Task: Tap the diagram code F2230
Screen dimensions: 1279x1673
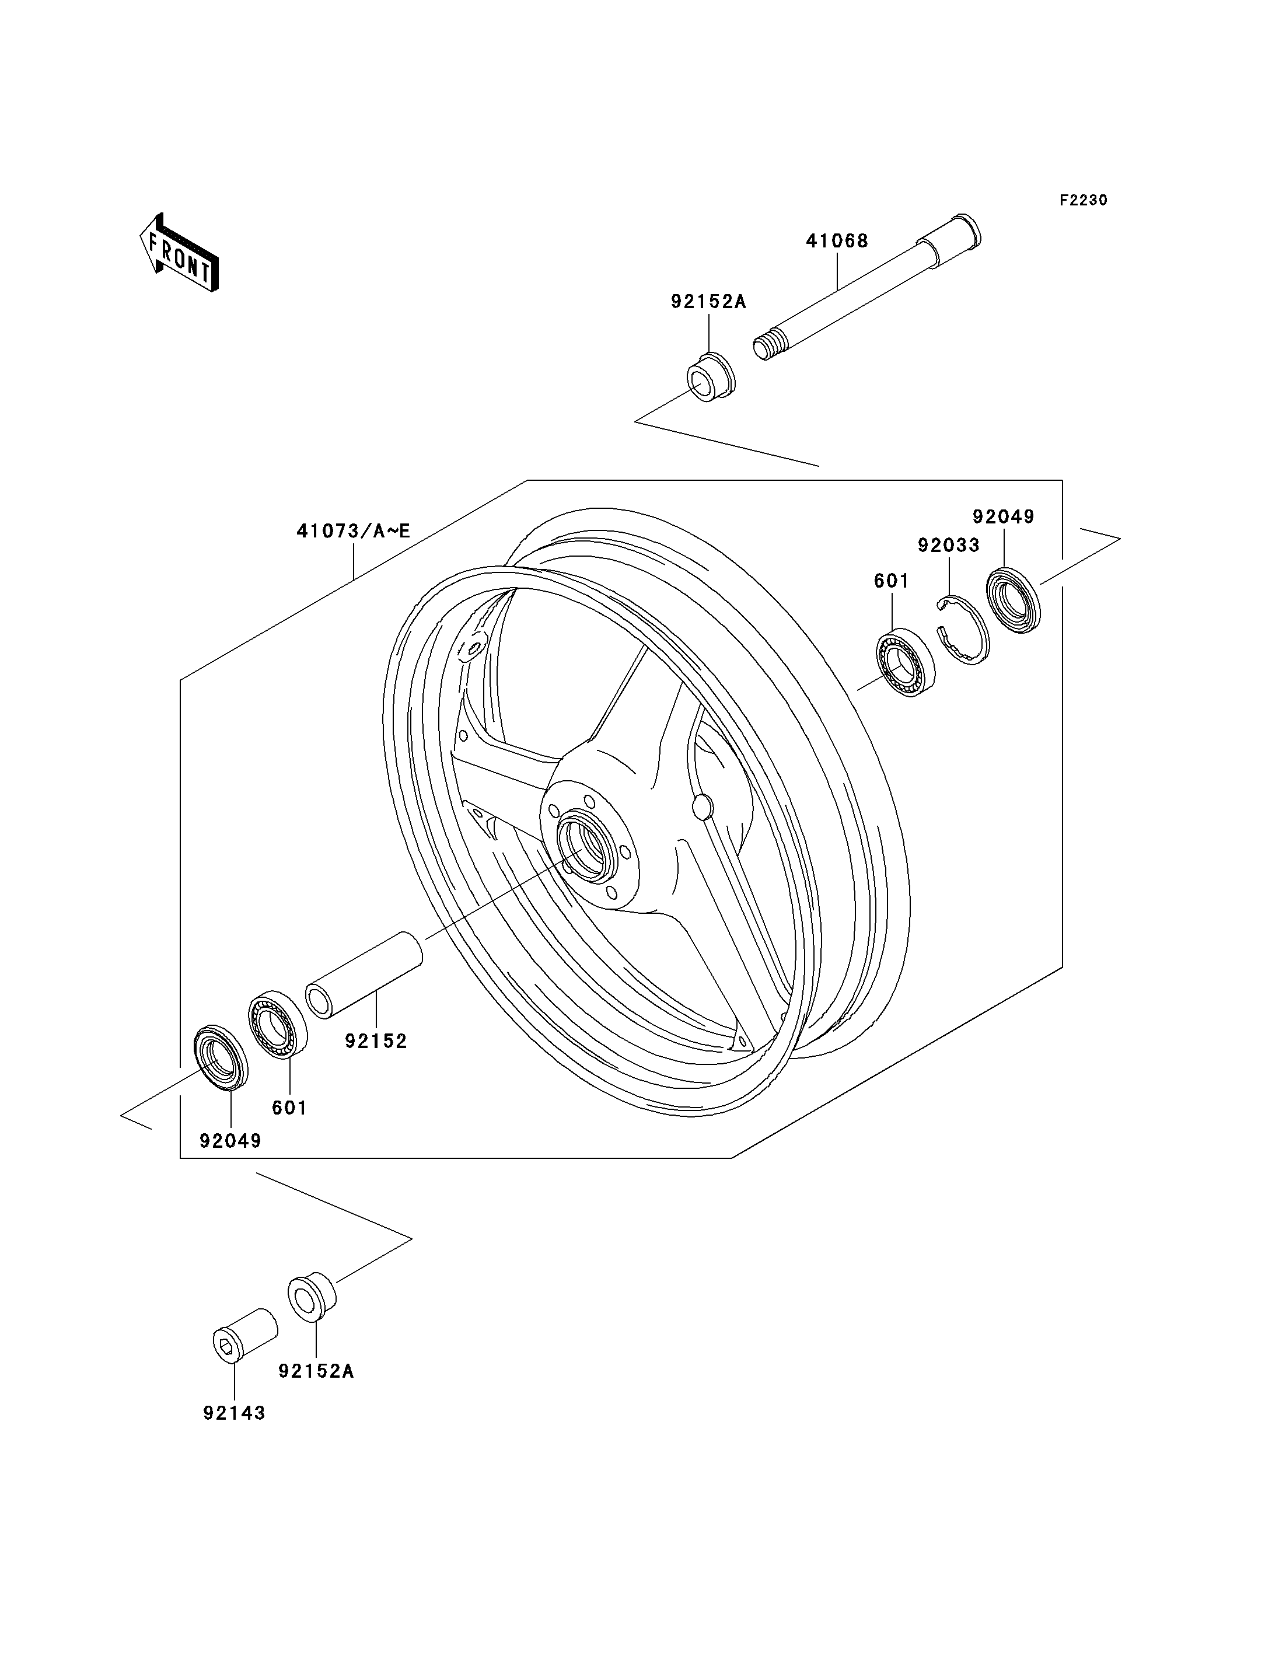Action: click(1084, 200)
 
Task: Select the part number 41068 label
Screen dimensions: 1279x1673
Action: click(837, 242)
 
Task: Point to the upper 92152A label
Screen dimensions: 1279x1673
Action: click(709, 302)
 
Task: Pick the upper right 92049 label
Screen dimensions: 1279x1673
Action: click(1004, 516)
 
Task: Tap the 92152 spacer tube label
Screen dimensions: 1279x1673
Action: click(376, 1040)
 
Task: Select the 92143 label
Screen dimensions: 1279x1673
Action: click(234, 1413)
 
